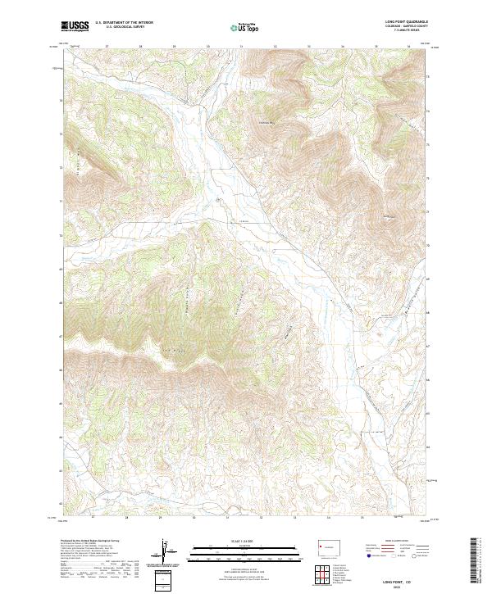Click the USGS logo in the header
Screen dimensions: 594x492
pyautogui.click(x=75, y=27)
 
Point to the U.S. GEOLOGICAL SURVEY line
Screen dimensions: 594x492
pyautogui.click(x=117, y=28)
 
